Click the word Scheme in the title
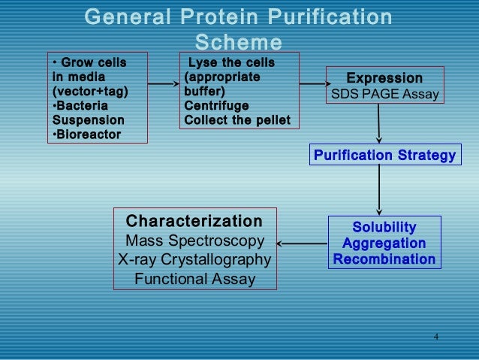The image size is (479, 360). click(x=238, y=42)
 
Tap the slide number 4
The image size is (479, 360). click(x=435, y=335)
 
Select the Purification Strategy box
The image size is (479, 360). click(x=384, y=156)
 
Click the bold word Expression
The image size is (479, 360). click(x=384, y=78)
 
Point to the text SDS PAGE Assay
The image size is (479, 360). click(x=384, y=95)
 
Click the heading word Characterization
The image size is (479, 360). click(x=194, y=222)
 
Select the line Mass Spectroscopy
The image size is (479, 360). click(x=194, y=241)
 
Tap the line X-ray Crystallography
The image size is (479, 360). click(x=194, y=260)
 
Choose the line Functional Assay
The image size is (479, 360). click(x=194, y=280)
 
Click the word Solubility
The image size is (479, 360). click(x=384, y=228)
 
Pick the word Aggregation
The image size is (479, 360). click(x=384, y=244)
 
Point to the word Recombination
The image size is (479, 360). click(x=384, y=259)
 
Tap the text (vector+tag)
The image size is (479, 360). click(x=89, y=91)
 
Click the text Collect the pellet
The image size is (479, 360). click(x=236, y=120)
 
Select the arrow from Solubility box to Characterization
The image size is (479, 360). click(x=303, y=243)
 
